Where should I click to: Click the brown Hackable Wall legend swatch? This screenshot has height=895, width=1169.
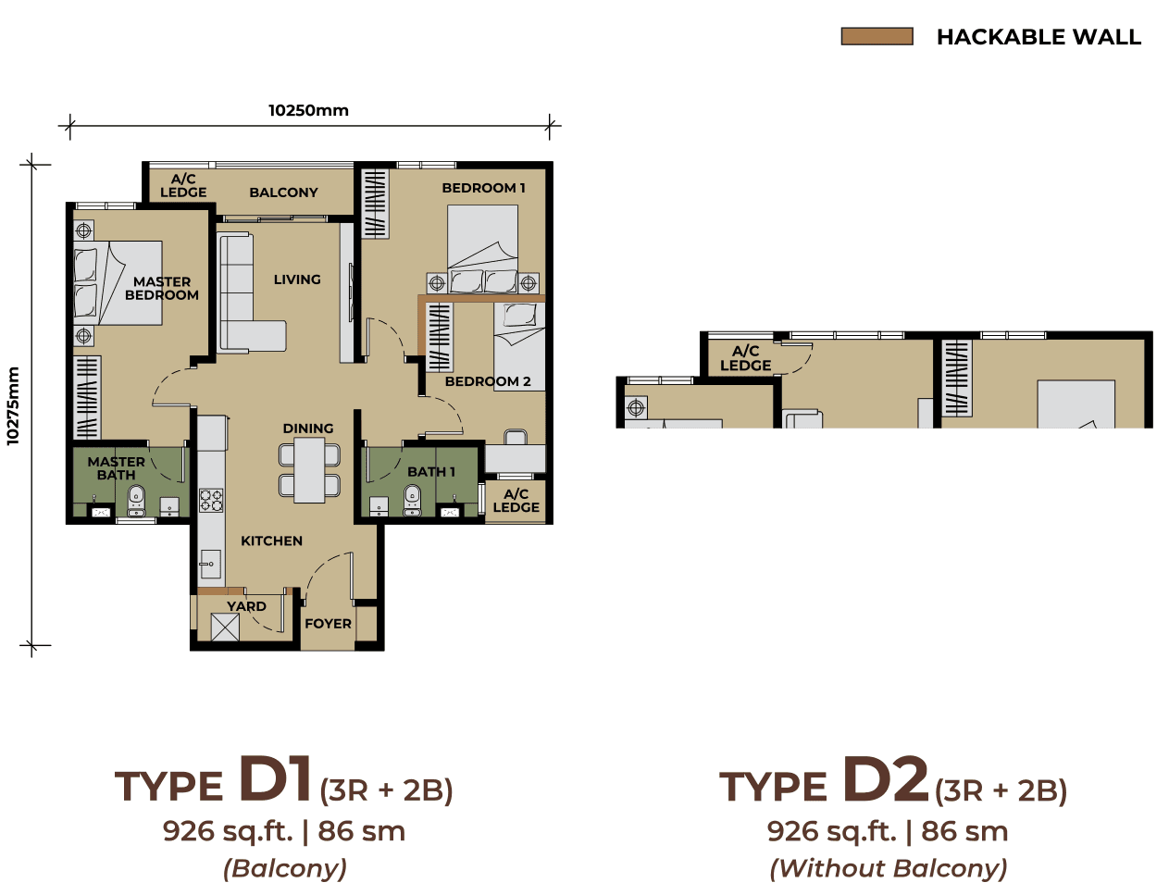click(877, 36)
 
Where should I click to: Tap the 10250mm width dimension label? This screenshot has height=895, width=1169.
click(308, 110)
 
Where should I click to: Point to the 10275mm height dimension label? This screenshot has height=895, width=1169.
click(13, 406)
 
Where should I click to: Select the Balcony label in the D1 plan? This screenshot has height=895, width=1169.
click(283, 193)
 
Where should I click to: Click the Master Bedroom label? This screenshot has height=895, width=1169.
click(162, 288)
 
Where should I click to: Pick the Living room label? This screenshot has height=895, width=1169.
click(297, 280)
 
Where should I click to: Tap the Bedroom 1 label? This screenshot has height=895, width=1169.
click(483, 188)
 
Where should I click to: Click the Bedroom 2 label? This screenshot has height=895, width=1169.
click(488, 381)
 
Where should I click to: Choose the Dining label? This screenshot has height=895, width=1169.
click(308, 429)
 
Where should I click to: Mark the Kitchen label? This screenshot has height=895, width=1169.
click(271, 541)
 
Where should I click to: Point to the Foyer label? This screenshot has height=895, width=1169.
click(328, 624)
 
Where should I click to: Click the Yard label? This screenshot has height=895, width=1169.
click(246, 606)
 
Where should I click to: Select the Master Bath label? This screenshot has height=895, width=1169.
click(117, 468)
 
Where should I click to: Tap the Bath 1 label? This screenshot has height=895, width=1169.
click(431, 472)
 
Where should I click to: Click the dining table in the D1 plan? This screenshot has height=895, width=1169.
click(309, 470)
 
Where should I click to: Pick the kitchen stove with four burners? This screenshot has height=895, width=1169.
click(211, 501)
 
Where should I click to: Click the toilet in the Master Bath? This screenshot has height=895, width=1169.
click(136, 500)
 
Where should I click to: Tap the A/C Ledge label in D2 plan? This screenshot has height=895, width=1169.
click(745, 358)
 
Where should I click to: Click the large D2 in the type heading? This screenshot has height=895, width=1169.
click(885, 779)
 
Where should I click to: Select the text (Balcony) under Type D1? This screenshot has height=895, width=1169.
click(285, 868)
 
